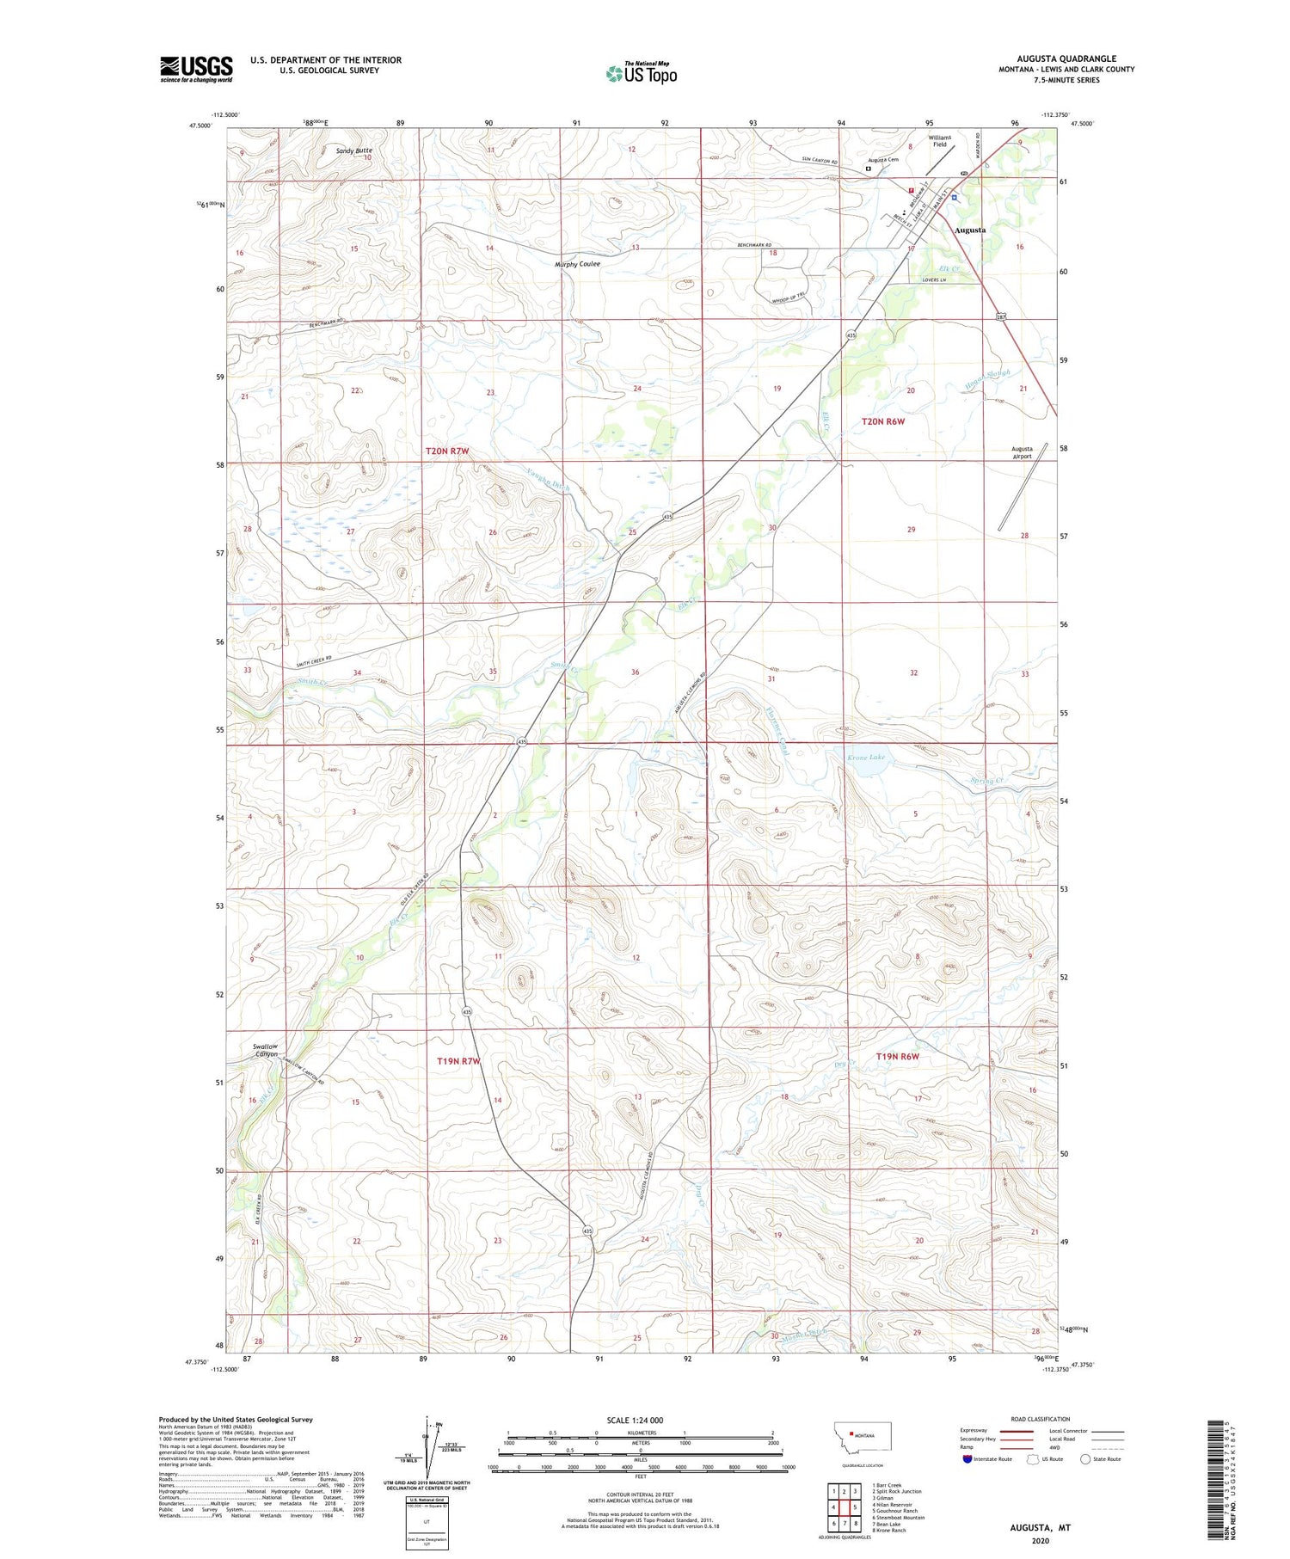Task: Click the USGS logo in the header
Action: coord(196,69)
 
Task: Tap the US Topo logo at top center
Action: coord(641,74)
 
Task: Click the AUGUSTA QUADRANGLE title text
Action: coord(1066,58)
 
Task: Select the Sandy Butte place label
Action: coord(353,150)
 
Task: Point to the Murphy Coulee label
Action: coord(577,264)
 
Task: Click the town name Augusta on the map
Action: coord(969,230)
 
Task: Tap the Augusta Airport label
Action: coord(1022,452)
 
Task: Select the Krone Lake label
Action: coord(865,757)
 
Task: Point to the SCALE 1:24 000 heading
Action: coord(635,1420)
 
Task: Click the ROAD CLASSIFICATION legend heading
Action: coord(1040,1419)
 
